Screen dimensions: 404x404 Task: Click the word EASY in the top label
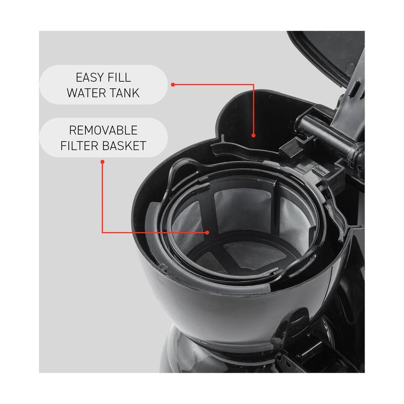89,77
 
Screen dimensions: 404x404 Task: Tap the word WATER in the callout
86,93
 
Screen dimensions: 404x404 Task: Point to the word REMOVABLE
103,130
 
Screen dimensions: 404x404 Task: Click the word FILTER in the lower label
79,146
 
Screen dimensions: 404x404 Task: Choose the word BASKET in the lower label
124,146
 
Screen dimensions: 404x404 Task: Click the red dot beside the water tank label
173,84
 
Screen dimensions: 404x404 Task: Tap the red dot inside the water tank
254,135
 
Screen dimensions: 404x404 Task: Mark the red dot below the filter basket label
103,162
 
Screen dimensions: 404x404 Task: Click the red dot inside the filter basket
207,232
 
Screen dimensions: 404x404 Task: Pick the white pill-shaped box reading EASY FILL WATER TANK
104,85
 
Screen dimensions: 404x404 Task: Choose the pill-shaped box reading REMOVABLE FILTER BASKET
104,137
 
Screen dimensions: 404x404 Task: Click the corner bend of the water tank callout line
254,84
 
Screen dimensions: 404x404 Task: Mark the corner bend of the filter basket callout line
103,232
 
